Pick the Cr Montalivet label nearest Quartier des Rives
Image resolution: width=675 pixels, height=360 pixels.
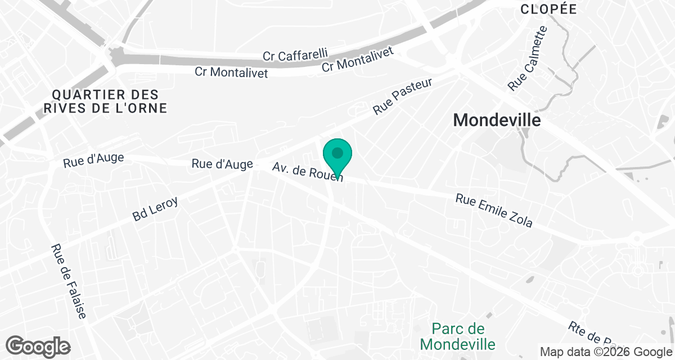(x=231, y=72)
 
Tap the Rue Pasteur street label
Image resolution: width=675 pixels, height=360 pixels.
(x=403, y=97)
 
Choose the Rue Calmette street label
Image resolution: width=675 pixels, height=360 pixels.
(x=527, y=58)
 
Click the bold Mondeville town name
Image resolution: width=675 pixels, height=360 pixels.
(x=497, y=120)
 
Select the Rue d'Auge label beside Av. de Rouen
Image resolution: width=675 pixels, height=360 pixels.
(x=222, y=164)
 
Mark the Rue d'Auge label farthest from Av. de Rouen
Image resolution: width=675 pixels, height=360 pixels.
(x=93, y=161)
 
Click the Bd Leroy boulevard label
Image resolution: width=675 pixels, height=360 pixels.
(x=155, y=208)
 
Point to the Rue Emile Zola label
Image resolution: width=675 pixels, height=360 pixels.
(x=494, y=211)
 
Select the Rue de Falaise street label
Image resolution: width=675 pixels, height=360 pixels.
(x=69, y=281)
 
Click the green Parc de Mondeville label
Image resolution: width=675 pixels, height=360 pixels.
(x=459, y=336)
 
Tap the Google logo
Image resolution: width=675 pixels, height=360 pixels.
(x=38, y=346)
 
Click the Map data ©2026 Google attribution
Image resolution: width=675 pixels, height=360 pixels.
(x=605, y=352)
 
